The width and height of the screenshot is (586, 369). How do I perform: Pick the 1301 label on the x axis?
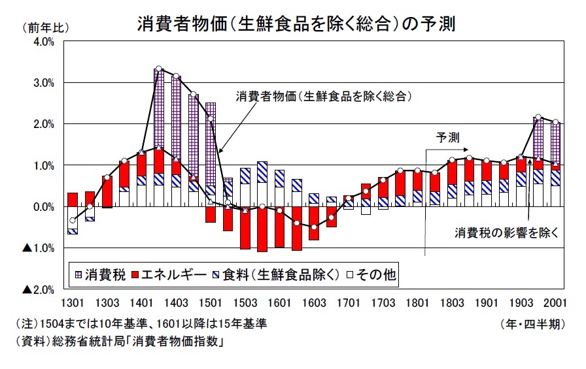73,303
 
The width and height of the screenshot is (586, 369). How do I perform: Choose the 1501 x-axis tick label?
211,303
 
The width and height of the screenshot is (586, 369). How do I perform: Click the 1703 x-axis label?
383,303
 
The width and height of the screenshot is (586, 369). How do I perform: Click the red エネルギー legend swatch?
137,275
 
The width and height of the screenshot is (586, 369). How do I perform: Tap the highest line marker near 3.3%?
159,69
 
